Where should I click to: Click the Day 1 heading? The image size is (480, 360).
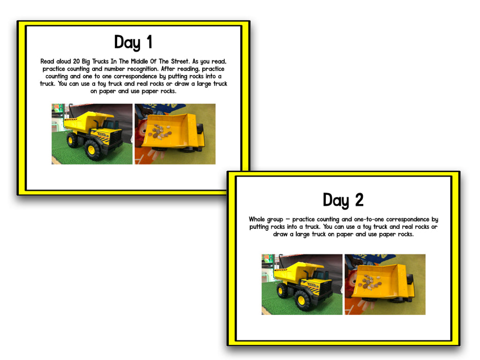click(133, 43)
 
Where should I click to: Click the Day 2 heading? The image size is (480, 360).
click(343, 201)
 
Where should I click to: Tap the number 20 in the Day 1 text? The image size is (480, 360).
click(76, 61)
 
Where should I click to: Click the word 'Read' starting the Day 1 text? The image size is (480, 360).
click(48, 61)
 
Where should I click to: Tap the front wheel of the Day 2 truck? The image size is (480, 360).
click(302, 300)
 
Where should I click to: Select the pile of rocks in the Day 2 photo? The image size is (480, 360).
click(370, 283)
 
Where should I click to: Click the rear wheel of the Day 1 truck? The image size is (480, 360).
click(72, 140)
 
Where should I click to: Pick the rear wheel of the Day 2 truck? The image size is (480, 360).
click(282, 291)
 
